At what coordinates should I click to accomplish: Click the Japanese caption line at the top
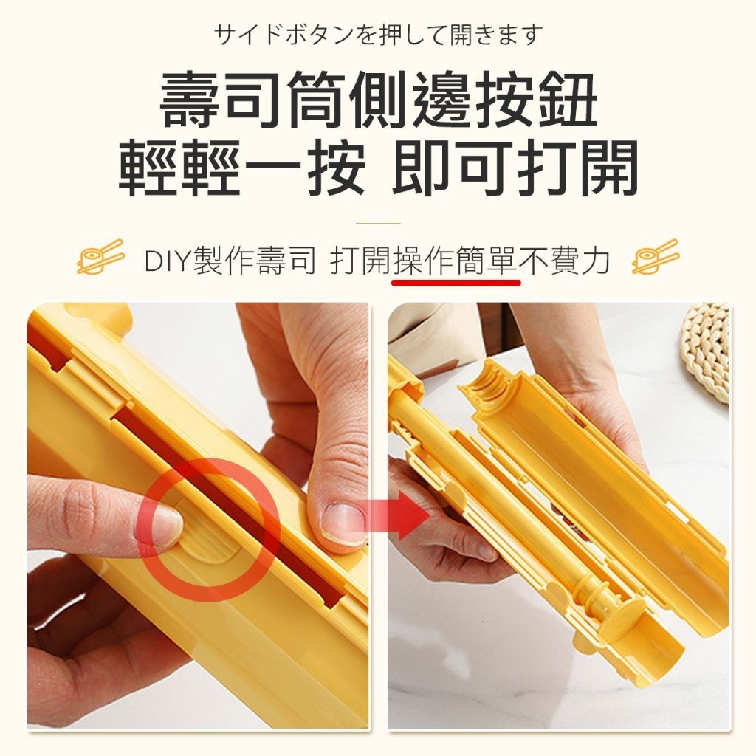tap(379, 35)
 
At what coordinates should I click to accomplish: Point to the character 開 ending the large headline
tap(609, 168)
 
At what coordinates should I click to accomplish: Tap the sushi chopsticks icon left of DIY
tap(100, 256)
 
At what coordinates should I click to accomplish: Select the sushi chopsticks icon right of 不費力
tap(656, 256)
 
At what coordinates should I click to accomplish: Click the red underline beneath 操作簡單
tap(456, 282)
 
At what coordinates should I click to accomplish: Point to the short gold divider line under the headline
tap(378, 223)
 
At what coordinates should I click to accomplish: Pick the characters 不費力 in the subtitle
tap(564, 261)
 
